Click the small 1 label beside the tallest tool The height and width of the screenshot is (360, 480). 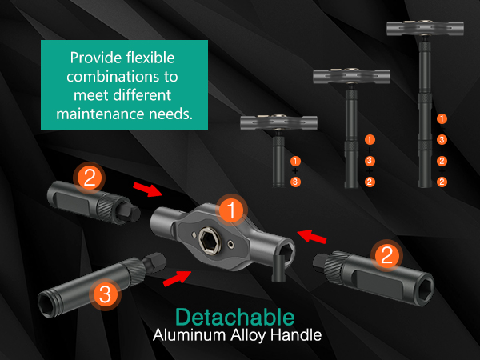442,118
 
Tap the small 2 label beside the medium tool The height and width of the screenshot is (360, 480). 370,182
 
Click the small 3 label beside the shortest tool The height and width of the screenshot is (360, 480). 295,182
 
